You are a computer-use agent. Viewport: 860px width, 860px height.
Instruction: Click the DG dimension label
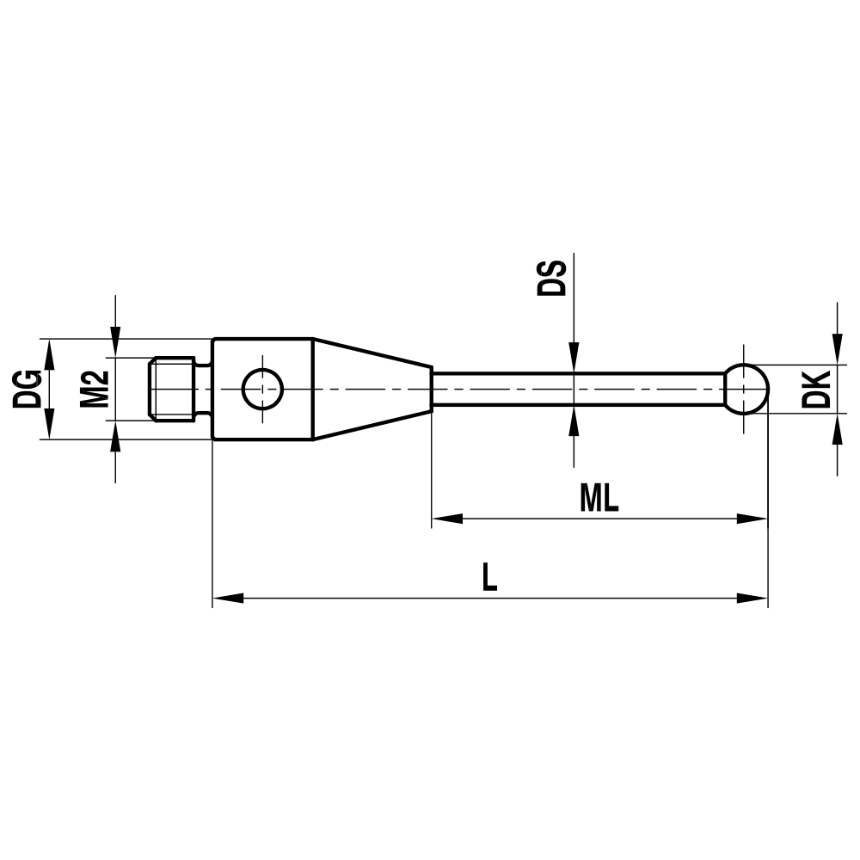click(26, 389)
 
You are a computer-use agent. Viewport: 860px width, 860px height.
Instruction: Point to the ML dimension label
click(599, 499)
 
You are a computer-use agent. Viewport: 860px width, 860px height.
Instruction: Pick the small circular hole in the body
click(263, 389)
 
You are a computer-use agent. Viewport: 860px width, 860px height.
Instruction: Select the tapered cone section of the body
click(370, 389)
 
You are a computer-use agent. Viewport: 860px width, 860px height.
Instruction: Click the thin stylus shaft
click(576, 389)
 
